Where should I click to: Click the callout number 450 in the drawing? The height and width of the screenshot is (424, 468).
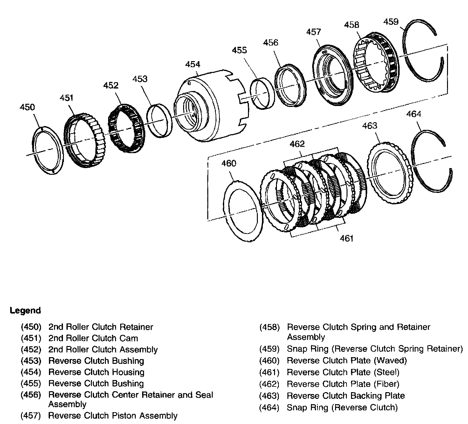click(x=27, y=107)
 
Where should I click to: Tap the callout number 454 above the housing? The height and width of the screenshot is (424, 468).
click(x=193, y=64)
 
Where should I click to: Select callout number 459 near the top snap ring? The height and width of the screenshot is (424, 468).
click(x=391, y=22)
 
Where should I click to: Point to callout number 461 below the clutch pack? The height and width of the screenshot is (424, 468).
click(x=347, y=238)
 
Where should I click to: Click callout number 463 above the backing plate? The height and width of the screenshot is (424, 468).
click(x=369, y=126)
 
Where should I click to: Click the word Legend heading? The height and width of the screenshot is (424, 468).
click(x=25, y=310)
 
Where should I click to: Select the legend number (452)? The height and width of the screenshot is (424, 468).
click(x=31, y=350)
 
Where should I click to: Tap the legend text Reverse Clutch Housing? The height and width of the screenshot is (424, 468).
click(x=96, y=372)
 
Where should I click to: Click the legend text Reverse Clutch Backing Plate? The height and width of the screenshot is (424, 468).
click(x=346, y=396)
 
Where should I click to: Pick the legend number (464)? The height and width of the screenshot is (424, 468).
click(x=269, y=407)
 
